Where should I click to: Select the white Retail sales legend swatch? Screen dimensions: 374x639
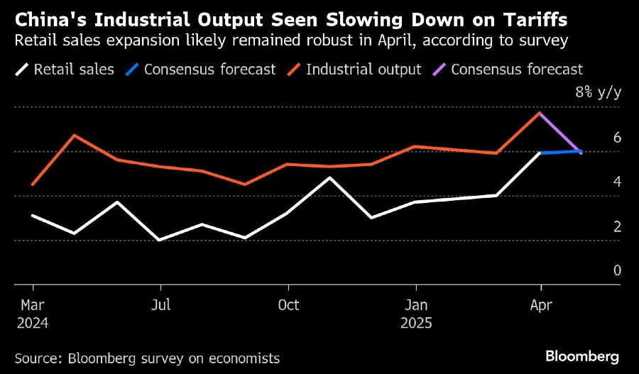[x=21, y=70]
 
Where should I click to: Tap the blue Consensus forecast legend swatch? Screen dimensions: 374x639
[x=131, y=70]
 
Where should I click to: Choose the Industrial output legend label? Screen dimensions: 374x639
[x=364, y=70]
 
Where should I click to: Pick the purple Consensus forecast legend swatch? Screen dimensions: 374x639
[x=439, y=70]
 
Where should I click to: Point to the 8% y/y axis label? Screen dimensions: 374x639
[x=598, y=92]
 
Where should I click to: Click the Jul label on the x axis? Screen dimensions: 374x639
[x=161, y=305]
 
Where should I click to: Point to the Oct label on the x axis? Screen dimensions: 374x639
[x=288, y=305]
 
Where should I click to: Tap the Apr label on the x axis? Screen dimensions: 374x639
[x=541, y=305]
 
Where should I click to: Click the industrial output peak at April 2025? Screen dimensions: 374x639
[x=541, y=113]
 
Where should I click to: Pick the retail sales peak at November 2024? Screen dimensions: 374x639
[x=330, y=177]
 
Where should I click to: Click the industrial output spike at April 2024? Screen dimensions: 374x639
[x=75, y=135]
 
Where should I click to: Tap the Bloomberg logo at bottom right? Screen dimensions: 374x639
[x=582, y=356]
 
